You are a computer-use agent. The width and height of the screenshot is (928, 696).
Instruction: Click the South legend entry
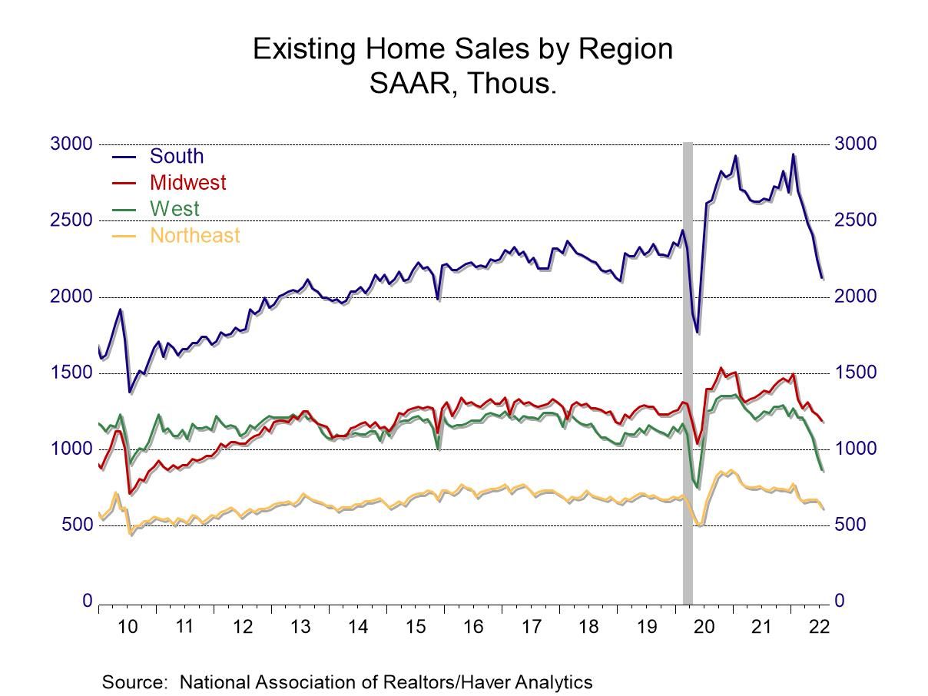pos(176,156)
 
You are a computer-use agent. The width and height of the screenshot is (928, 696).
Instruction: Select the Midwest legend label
pos(187,182)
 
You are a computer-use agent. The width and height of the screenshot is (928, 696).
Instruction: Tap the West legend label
pos(174,208)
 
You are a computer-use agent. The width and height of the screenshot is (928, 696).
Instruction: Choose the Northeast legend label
pos(194,235)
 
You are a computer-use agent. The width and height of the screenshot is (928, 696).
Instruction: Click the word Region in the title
pos(625,49)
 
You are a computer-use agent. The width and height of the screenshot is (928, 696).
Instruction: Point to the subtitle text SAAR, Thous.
pos(462,83)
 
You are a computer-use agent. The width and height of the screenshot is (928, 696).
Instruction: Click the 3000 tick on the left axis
pos(71,144)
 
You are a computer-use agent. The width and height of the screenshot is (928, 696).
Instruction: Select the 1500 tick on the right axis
pos(855,373)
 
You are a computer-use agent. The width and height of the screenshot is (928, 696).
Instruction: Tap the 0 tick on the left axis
pos(88,601)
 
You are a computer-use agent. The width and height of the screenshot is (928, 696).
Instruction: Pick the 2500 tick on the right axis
pos(855,220)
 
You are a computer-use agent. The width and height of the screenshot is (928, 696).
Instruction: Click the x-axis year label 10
pos(128,626)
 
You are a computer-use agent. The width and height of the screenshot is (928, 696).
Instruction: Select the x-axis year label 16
pos(473,626)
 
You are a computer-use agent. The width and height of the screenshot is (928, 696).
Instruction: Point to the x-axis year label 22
pos(819,626)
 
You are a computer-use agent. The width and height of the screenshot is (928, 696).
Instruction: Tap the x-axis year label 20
pos(704,626)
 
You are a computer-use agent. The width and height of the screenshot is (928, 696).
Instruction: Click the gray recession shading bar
pos(688,369)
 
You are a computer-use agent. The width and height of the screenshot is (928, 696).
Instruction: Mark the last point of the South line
pos(822,278)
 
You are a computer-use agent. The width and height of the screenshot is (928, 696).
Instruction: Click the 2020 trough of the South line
pos(698,332)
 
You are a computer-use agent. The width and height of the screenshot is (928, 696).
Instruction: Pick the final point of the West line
pos(822,469)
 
